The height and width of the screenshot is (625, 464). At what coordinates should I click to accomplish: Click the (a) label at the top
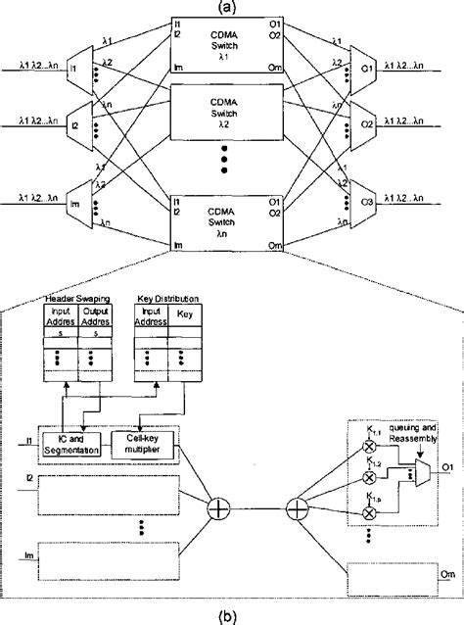tap(232, 7)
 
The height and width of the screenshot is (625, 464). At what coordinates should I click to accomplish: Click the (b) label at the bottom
tap(232, 616)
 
